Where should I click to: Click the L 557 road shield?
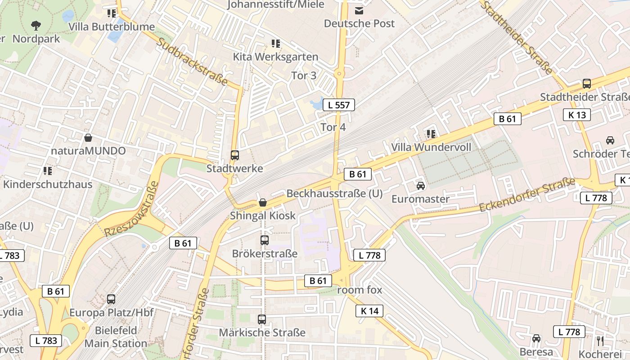339,105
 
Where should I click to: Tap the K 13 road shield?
577,115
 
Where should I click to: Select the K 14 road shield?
369,310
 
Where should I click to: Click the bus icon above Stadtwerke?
234,155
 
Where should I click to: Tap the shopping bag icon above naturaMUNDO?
88,138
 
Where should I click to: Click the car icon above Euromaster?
420,186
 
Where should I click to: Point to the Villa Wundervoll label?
431,147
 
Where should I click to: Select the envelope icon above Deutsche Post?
359,10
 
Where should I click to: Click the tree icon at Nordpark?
36,26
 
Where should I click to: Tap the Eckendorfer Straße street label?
527,195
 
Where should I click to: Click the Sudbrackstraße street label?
193,61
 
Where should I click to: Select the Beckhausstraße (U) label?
334,193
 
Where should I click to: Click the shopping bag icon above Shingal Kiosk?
263,203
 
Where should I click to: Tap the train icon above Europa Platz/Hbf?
111,299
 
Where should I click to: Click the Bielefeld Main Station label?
116,337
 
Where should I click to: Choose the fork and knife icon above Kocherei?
599,341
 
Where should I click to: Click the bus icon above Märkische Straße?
262,319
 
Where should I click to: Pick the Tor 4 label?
333,127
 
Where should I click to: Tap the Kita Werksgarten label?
275,57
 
